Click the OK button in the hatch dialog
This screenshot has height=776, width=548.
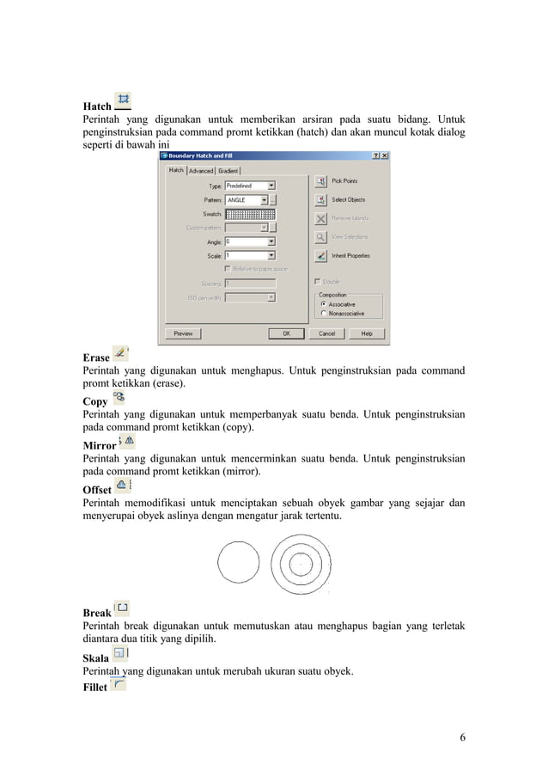[x=287, y=333]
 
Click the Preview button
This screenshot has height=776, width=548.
[x=183, y=333]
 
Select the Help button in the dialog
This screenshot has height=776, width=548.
[x=367, y=333]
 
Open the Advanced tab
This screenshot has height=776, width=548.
[x=201, y=170]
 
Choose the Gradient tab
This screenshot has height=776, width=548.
[x=228, y=170]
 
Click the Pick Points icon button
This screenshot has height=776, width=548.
[x=320, y=181]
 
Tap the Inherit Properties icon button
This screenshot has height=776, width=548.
[x=320, y=255]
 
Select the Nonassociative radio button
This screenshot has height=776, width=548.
[x=322, y=314]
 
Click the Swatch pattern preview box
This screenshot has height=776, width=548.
[x=250, y=214]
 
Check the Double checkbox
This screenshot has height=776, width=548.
[x=318, y=282]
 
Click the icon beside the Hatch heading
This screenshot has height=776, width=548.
[x=123, y=101]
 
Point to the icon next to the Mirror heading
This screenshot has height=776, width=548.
[x=126, y=441]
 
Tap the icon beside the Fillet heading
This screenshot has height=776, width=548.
[x=118, y=684]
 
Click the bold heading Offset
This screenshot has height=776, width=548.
[x=96, y=490]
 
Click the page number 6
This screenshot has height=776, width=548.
[x=462, y=738]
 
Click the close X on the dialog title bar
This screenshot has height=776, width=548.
[x=384, y=156]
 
